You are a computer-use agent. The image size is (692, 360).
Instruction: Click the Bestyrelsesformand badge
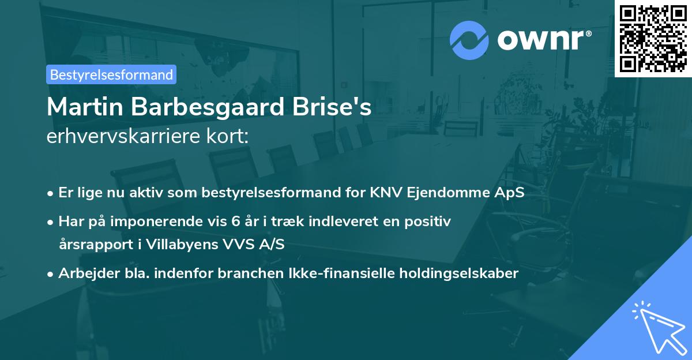click(111, 74)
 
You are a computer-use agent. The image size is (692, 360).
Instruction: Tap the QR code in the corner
click(653, 38)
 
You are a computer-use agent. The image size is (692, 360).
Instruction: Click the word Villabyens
click(184, 244)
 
